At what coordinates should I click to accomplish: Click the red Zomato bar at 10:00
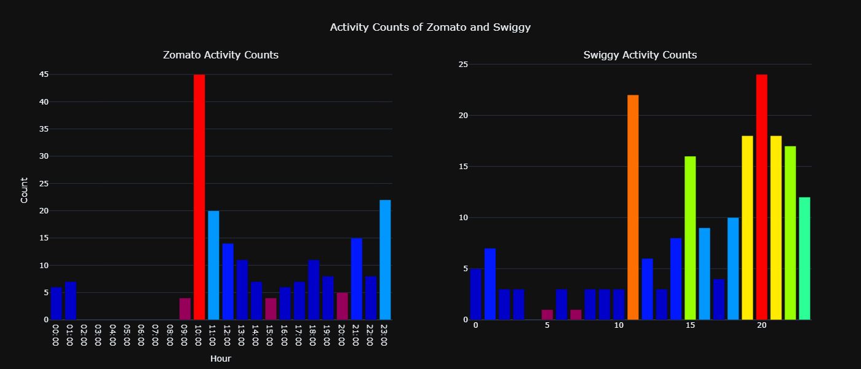(199, 197)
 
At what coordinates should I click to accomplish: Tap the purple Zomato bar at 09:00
(185, 309)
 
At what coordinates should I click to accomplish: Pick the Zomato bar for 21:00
(357, 279)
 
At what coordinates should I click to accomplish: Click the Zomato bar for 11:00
(213, 265)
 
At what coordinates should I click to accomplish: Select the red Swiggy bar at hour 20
(761, 197)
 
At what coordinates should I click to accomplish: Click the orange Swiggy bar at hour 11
(633, 207)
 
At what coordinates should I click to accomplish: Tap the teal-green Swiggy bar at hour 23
(804, 258)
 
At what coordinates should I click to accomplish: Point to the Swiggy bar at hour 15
(690, 238)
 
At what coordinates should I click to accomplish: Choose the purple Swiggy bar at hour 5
(547, 314)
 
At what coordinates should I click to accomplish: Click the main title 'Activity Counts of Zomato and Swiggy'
(430, 27)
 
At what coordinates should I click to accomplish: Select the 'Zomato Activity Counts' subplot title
(221, 55)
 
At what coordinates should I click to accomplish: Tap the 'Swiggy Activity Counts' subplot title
(640, 55)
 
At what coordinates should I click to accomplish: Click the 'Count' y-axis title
(24, 190)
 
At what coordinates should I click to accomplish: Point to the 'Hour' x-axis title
(221, 358)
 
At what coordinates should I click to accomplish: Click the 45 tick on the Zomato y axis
(44, 74)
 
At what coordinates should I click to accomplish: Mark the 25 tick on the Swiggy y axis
(462, 64)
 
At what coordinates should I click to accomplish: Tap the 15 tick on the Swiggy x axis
(690, 325)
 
